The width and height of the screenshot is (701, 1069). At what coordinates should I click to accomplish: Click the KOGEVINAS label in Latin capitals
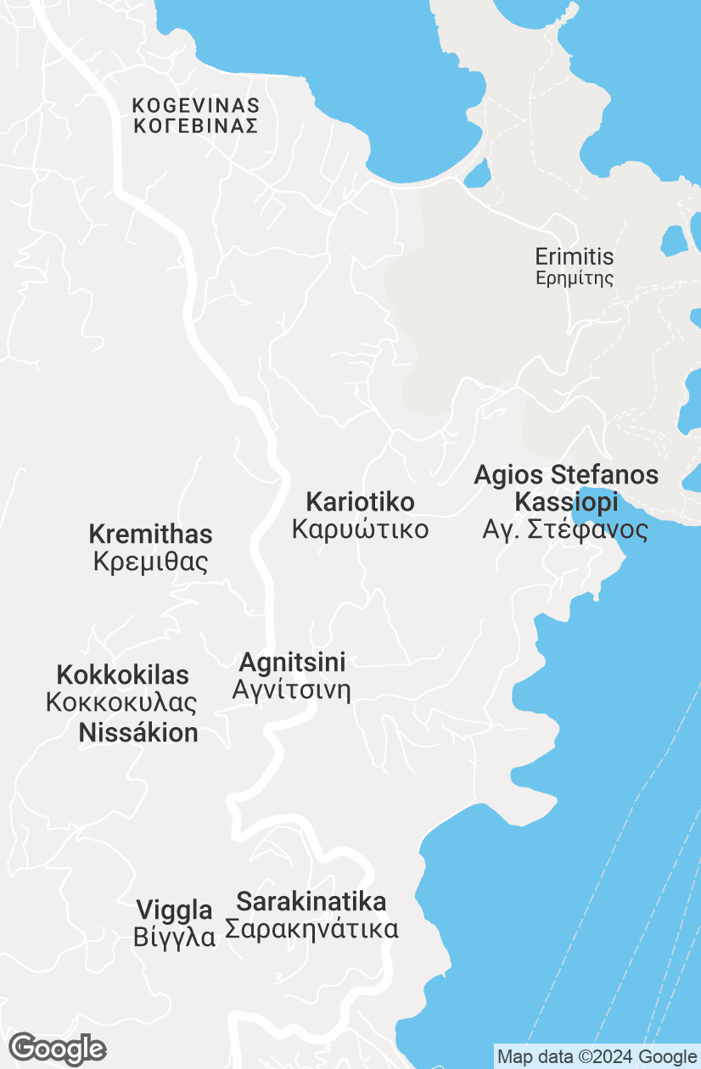pyautogui.click(x=195, y=106)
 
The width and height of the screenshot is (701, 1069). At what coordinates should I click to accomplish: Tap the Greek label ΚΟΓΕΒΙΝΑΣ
pyautogui.click(x=195, y=126)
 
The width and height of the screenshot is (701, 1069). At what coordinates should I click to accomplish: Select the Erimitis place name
pyautogui.click(x=574, y=256)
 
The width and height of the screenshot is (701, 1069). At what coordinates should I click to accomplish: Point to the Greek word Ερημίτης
pyautogui.click(x=574, y=278)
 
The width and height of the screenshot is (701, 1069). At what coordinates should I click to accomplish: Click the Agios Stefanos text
pyautogui.click(x=566, y=475)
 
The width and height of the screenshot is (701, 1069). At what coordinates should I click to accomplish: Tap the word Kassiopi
pyautogui.click(x=566, y=502)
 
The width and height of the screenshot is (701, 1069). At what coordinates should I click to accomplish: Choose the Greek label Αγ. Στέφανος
pyautogui.click(x=565, y=530)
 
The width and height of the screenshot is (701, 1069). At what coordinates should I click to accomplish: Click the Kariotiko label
pyautogui.click(x=360, y=502)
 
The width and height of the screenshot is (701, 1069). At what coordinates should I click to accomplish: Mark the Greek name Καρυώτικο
pyautogui.click(x=360, y=530)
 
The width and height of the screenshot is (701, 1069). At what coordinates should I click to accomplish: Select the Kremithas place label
pyautogui.click(x=150, y=534)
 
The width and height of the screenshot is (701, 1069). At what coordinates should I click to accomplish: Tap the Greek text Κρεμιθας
pyautogui.click(x=150, y=562)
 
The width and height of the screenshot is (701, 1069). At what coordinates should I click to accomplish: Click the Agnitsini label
pyautogui.click(x=292, y=662)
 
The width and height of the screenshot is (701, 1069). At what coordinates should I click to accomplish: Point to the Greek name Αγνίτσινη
pyautogui.click(x=291, y=690)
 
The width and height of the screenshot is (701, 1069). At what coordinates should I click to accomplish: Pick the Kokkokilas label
pyautogui.click(x=122, y=675)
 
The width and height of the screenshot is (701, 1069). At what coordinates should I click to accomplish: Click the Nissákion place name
pyautogui.click(x=138, y=733)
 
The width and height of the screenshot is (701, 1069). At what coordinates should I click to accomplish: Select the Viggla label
pyautogui.click(x=174, y=911)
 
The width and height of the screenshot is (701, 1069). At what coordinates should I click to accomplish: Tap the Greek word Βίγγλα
pyautogui.click(x=174, y=938)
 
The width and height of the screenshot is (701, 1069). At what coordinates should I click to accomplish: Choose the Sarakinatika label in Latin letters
pyautogui.click(x=311, y=901)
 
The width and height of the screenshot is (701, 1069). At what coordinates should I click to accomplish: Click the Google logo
pyautogui.click(x=58, y=1049)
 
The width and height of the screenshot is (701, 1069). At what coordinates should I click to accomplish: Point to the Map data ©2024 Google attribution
pyautogui.click(x=597, y=1057)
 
